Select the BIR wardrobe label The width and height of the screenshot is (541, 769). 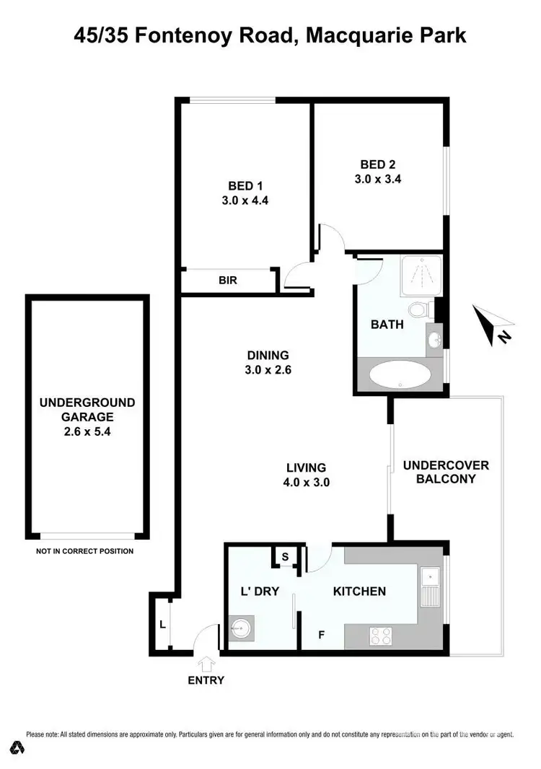point(228,281)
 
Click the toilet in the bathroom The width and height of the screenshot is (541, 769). point(418,310)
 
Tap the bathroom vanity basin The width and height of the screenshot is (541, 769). point(434,339)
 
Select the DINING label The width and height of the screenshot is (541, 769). point(268,355)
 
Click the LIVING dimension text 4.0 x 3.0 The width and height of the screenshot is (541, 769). point(306,483)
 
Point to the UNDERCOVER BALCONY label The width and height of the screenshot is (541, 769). point(446,472)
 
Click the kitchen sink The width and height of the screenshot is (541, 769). point(431,586)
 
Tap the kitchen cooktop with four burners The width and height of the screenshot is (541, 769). point(380,636)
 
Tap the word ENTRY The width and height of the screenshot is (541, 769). point(206,680)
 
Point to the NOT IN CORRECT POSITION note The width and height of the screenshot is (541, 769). point(84,552)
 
